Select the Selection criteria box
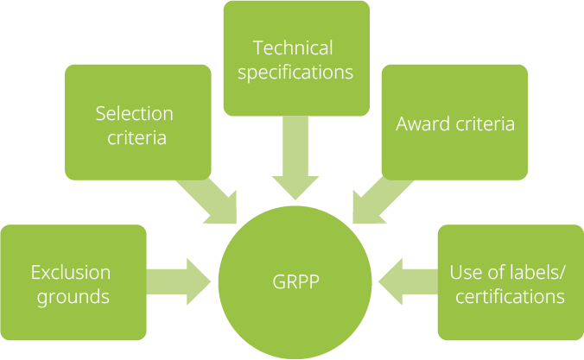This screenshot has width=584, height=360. [138, 122]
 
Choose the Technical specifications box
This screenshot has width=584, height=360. [295, 58]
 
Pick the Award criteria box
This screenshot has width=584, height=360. [454, 122]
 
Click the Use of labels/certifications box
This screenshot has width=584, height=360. [510, 283]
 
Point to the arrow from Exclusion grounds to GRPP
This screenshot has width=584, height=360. [180, 281]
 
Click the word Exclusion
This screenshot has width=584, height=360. [71, 273]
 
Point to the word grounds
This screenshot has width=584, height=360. [71, 297]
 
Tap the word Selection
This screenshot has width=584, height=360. [134, 113]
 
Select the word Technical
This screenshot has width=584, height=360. [293, 47]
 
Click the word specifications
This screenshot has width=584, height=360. [295, 73]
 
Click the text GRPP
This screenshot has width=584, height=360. [295, 282]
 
